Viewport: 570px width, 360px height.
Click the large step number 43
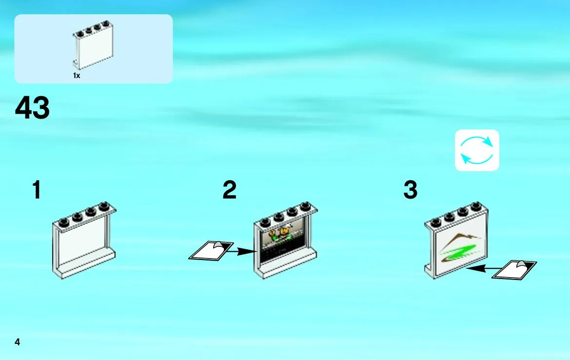point(32,107)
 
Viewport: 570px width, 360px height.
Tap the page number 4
point(17,342)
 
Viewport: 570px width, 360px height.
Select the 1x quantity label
point(77,76)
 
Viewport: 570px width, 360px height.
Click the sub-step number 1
point(37,189)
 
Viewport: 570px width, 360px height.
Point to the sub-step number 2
point(229,189)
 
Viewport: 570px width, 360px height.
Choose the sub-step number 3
point(411,189)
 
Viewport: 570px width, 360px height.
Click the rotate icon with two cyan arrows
point(477,150)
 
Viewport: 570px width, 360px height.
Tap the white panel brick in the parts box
point(93,45)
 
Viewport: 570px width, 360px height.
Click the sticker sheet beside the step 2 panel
point(211,251)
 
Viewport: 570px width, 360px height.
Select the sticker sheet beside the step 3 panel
point(514,270)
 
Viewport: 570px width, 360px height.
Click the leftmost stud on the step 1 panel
point(63,221)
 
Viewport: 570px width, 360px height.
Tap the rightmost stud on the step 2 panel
point(306,206)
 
